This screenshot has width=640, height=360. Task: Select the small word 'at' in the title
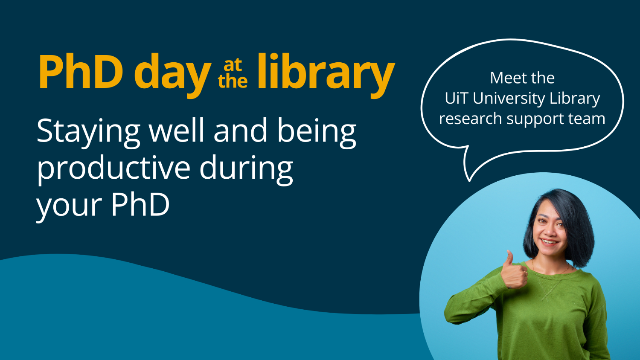pos(233,65)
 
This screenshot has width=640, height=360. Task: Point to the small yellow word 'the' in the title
pos(233,81)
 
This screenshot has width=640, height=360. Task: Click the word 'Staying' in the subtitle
pos(88,131)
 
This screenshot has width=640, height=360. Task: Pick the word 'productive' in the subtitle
pos(113,168)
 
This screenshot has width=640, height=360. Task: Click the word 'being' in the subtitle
pos(317,131)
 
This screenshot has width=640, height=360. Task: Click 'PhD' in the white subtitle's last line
pos(140,205)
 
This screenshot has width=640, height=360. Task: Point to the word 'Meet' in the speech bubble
pos(506,78)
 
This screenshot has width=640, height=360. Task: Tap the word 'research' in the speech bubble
pos(470,119)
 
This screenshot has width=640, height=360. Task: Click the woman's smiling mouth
pos(550,242)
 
